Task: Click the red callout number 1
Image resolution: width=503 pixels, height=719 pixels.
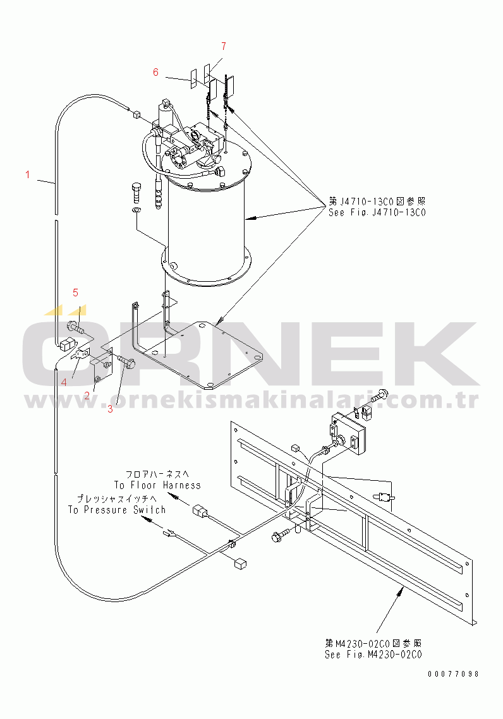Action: click(27, 174)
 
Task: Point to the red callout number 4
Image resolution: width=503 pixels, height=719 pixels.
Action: click(63, 381)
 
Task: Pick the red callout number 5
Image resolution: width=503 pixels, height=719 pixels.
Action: click(75, 292)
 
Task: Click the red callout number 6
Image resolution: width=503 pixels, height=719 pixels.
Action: click(155, 72)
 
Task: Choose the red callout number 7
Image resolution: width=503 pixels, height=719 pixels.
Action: click(222, 45)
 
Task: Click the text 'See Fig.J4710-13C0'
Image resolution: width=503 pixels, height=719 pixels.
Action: click(377, 212)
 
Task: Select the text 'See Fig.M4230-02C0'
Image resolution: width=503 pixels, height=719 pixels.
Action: click(373, 655)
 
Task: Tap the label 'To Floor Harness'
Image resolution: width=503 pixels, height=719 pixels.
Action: click(157, 485)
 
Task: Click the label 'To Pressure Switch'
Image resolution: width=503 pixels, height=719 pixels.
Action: click(117, 509)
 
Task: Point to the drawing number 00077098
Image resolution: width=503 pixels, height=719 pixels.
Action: click(452, 674)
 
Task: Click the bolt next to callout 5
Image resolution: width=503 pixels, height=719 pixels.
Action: click(74, 328)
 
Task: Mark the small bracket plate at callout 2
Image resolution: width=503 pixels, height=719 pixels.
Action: click(102, 366)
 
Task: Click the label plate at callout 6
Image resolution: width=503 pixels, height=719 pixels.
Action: click(193, 80)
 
